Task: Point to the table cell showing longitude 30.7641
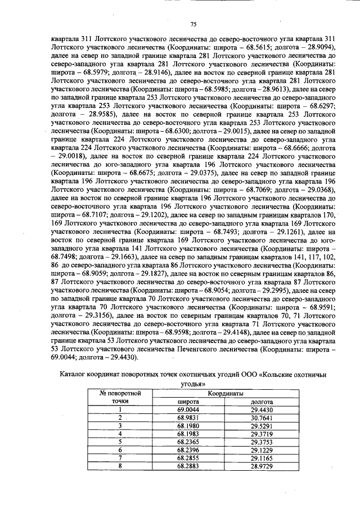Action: click(262, 418)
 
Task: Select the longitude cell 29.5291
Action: click(262, 426)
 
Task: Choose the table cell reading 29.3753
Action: click(262, 442)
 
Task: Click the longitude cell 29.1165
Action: click(262, 458)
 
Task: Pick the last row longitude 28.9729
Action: click(262, 466)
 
